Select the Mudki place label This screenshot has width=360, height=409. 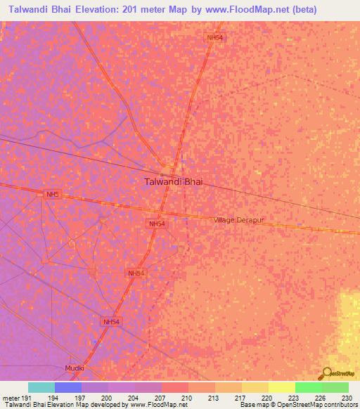(x=75, y=368)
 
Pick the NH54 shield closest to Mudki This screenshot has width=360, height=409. (x=111, y=321)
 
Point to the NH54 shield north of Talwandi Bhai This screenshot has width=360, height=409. (x=216, y=37)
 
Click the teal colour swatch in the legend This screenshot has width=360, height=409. (x=41, y=387)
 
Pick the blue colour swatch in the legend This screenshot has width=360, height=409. (x=68, y=387)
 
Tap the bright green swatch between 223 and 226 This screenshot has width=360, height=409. (x=308, y=387)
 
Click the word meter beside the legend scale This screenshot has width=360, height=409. (x=10, y=397)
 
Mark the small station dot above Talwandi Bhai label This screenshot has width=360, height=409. (x=162, y=175)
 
